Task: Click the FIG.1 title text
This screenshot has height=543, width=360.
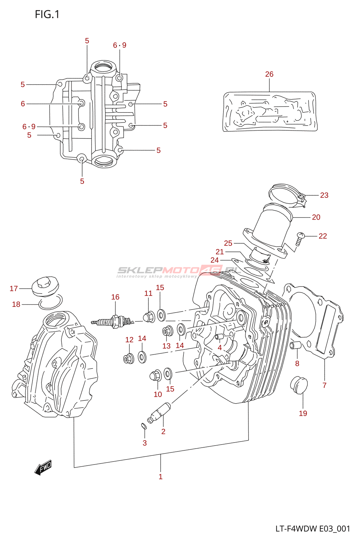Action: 47,14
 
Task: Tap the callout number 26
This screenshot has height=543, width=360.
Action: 269,74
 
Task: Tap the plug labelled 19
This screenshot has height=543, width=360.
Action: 299,385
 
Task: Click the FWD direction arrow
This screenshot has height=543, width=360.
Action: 43,467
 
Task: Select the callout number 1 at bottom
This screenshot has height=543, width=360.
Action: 161,476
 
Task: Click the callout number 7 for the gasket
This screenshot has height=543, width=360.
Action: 324,385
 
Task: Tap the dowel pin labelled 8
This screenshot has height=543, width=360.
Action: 295,345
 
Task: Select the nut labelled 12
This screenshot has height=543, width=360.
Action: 128,358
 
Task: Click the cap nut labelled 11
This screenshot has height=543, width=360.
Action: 149,317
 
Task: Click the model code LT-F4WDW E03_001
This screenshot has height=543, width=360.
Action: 312,529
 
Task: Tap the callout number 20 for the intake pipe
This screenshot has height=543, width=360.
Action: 316,217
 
